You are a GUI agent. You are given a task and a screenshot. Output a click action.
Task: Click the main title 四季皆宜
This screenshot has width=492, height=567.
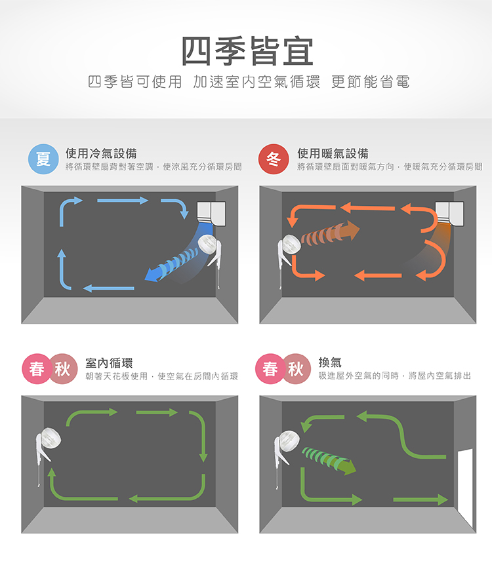pos(247,51)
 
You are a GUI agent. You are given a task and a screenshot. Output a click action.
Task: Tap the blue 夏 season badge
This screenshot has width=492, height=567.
pos(43,159)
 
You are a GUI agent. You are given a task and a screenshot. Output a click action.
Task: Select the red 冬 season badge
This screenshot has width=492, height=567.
pos(274,159)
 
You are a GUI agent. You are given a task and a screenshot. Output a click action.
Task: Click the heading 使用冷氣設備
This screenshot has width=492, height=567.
pos(101,153)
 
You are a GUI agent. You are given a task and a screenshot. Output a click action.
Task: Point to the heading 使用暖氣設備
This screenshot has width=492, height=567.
pos(333,153)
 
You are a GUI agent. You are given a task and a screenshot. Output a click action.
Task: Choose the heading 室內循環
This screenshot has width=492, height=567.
pos(109,362)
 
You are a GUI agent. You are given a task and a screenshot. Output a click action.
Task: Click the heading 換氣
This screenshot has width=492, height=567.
pos(330,362)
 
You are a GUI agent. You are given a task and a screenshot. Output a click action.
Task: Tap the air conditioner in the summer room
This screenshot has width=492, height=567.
pos(211,213)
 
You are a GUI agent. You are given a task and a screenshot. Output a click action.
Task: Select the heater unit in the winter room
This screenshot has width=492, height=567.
pos(449,213)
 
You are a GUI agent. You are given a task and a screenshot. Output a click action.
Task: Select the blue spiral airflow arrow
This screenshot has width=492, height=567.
pos(171,265)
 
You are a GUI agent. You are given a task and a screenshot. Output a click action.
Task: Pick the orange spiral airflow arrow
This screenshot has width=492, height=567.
pos(330,233)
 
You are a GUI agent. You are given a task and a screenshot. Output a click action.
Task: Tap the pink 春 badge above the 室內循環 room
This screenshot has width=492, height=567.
pos(37,369)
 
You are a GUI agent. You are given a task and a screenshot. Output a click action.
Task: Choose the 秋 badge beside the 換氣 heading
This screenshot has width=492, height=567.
pos(296,369)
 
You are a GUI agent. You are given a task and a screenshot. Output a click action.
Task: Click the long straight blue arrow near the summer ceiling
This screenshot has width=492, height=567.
pos(123,201)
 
